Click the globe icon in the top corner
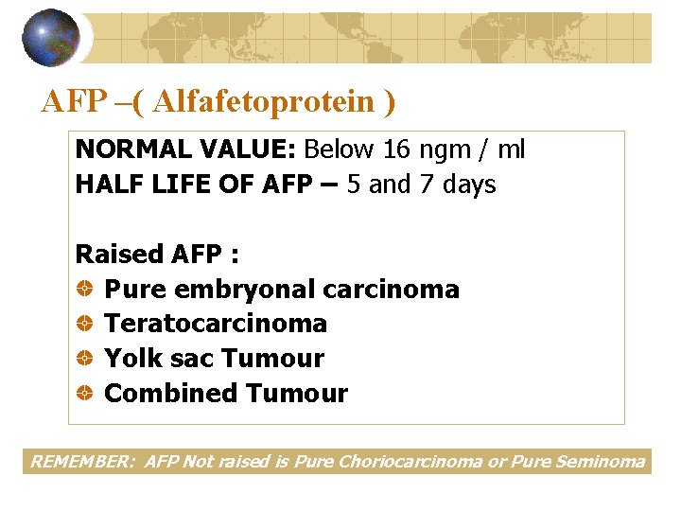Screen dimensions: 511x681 (52, 38)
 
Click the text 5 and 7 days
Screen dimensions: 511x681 (422, 184)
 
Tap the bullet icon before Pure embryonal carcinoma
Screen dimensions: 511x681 (84, 290)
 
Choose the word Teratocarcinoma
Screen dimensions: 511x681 (216, 324)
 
